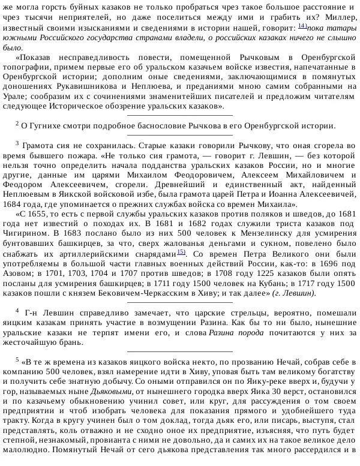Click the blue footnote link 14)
302,26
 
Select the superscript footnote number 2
17,123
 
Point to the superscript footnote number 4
17,311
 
